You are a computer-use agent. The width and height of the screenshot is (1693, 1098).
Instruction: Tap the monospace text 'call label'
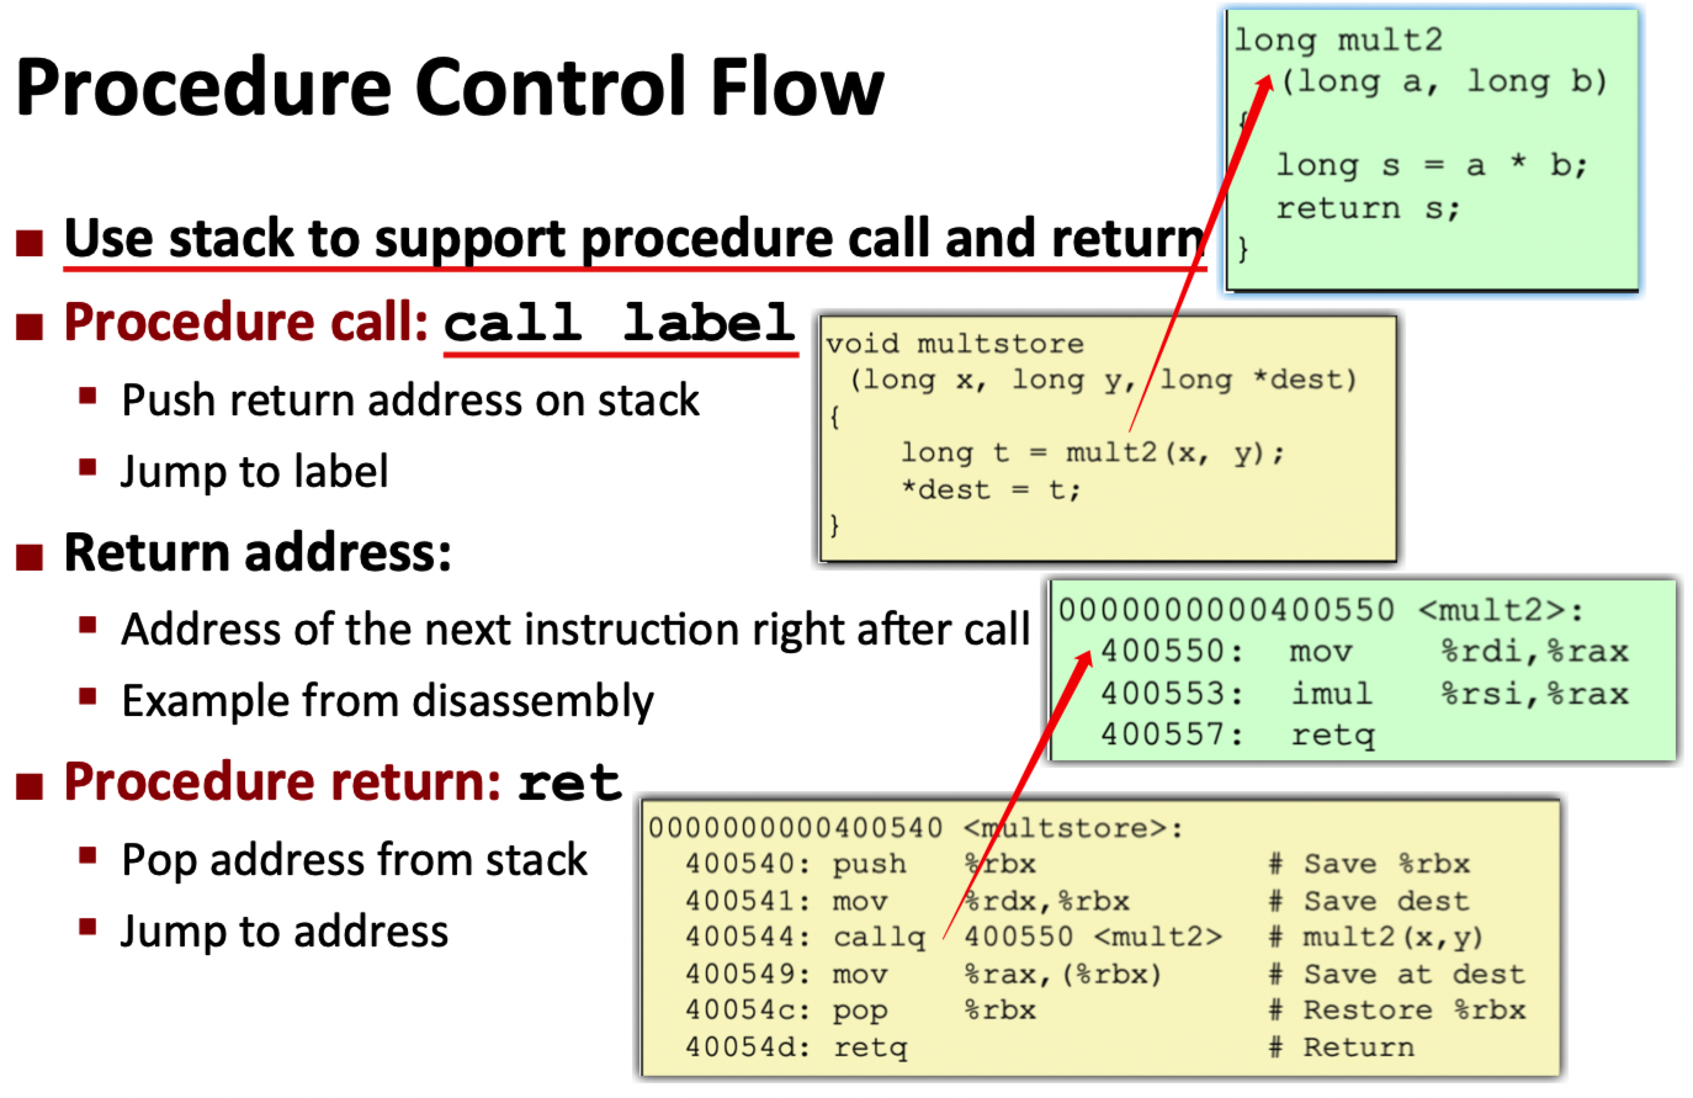tap(619, 323)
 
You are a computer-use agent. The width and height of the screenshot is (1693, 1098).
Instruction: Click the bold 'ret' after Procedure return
tap(569, 783)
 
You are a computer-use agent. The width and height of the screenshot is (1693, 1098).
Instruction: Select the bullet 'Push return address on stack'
tap(410, 400)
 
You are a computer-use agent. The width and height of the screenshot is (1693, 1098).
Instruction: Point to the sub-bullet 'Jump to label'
tap(254, 471)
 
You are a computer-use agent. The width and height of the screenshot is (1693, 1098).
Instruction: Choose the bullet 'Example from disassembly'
tap(388, 701)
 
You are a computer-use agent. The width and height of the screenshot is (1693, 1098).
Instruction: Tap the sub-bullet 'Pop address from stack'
tap(354, 860)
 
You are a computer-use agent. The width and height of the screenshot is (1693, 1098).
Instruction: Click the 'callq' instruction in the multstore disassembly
tap(879, 937)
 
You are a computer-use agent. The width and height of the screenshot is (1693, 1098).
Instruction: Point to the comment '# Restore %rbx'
tap(1398, 1011)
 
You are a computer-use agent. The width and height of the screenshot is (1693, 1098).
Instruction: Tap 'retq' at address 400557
tap(1333, 735)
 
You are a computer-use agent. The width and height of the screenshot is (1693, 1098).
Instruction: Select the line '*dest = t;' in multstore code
tap(991, 490)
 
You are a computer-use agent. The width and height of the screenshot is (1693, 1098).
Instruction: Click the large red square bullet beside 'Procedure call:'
tap(30, 327)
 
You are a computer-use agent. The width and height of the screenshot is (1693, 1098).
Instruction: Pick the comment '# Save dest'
tap(1370, 901)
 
